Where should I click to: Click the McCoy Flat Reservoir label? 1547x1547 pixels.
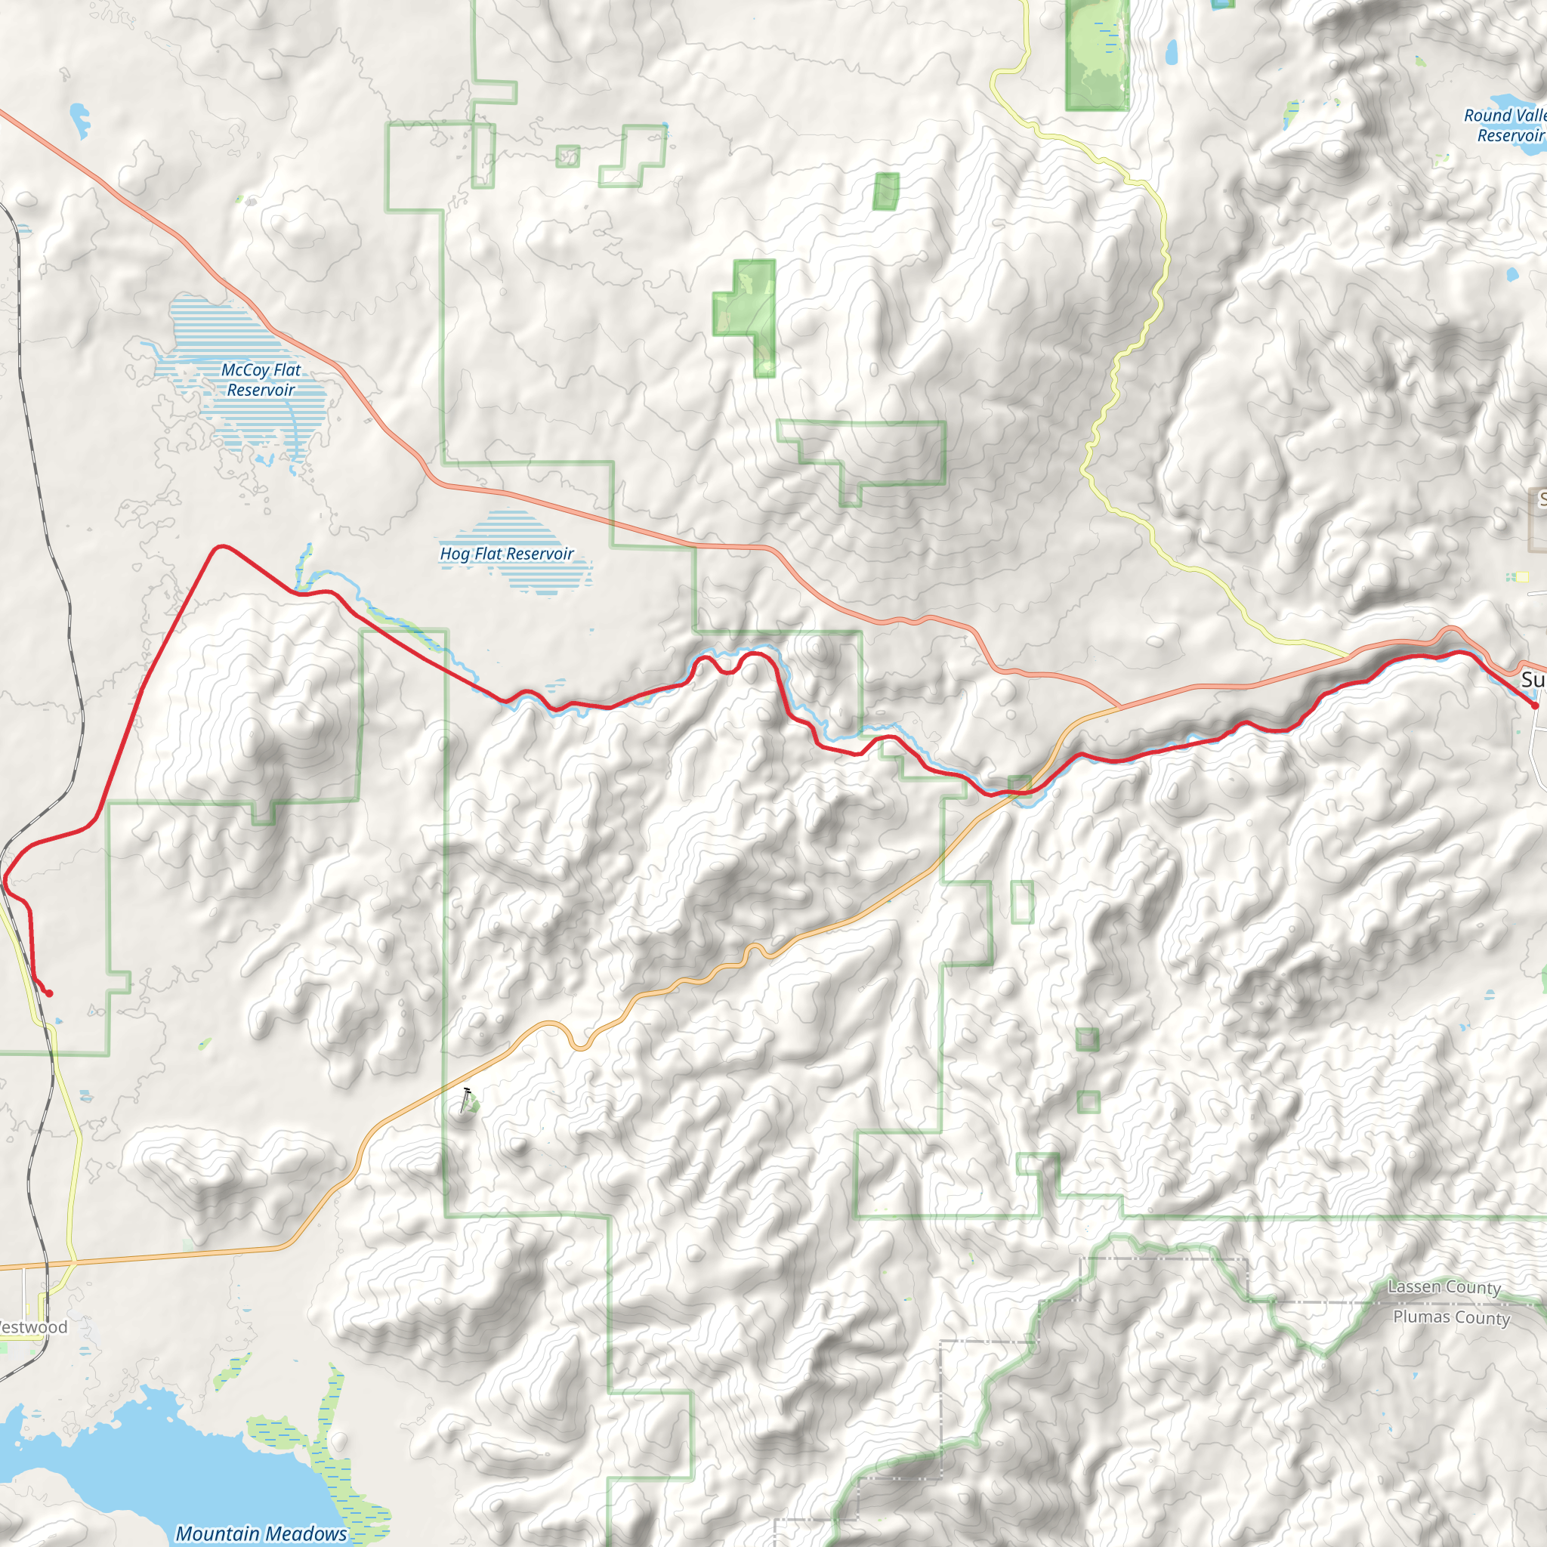pyautogui.click(x=261, y=379)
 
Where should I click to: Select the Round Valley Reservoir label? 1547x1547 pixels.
pyautogui.click(x=1505, y=125)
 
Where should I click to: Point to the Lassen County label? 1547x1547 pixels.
pyautogui.click(x=1444, y=1286)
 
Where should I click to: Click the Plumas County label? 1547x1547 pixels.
pyautogui.click(x=1451, y=1317)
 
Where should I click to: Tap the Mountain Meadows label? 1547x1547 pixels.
pyautogui.click(x=261, y=1533)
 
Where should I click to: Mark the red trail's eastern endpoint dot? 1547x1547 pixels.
pyautogui.click(x=1534, y=706)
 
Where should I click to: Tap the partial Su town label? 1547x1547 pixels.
pyautogui.click(x=1533, y=680)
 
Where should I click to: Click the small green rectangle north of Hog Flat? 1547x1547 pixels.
pyautogui.click(x=885, y=191)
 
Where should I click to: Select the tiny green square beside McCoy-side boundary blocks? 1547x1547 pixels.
pyautogui.click(x=568, y=156)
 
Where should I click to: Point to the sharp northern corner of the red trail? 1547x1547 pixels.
pyautogui.click(x=221, y=548)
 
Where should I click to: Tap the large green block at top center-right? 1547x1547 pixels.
pyautogui.click(x=1097, y=54)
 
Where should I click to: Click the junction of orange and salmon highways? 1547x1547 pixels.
pyautogui.click(x=1120, y=708)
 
